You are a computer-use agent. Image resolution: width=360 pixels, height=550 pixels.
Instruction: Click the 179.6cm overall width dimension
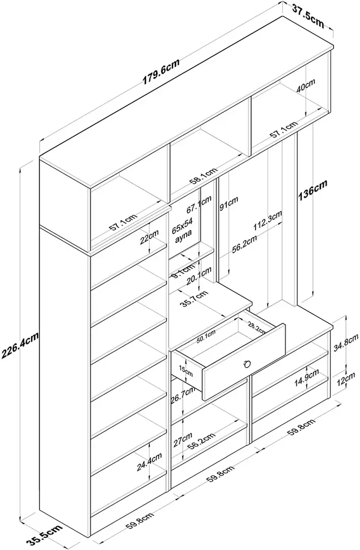pyautogui.click(x=161, y=70)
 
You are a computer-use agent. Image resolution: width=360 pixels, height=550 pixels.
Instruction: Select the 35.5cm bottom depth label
pyautogui.click(x=43, y=536)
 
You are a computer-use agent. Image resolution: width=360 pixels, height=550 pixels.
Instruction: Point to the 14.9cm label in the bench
pyautogui.click(x=308, y=382)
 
